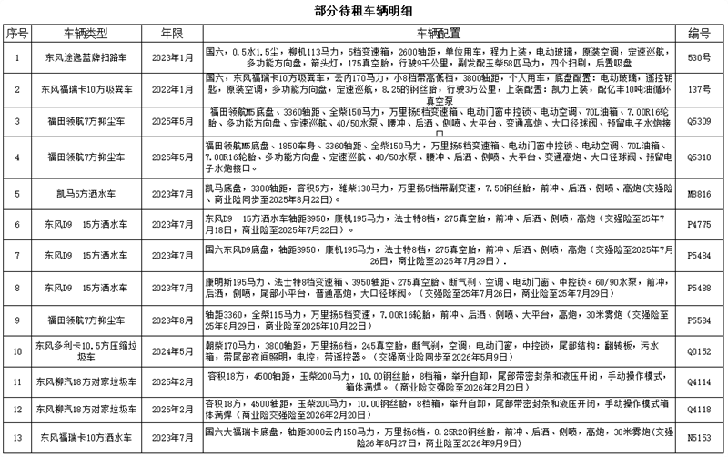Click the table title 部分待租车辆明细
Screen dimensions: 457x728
364,10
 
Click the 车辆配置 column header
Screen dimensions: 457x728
438,33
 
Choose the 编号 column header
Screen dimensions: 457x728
699,33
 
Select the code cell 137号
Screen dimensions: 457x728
699,89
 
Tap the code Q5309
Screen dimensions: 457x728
699,122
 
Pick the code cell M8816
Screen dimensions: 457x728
699,194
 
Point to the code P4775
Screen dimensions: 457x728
699,223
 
